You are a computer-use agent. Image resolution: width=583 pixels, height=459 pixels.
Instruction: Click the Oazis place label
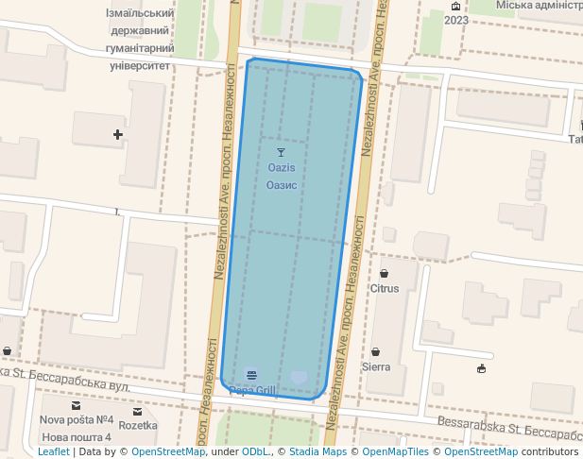(x=282, y=167)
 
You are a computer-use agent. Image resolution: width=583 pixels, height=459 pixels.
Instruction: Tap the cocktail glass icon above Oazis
(x=281, y=152)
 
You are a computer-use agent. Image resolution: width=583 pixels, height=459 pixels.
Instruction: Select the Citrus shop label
(x=385, y=288)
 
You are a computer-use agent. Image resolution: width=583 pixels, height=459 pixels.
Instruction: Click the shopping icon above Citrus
(x=385, y=273)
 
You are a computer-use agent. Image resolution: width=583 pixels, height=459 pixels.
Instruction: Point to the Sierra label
(x=376, y=366)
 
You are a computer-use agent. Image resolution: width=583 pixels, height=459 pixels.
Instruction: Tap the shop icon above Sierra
(x=376, y=351)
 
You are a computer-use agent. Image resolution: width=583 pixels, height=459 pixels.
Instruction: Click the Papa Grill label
(x=252, y=390)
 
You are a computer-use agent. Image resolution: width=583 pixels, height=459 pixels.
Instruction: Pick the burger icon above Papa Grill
(x=250, y=374)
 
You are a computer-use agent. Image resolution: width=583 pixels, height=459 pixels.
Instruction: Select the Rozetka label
(x=138, y=426)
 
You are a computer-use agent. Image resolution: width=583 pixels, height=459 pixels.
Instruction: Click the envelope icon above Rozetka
(x=138, y=412)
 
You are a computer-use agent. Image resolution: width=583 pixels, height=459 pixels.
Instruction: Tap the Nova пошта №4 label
(x=77, y=420)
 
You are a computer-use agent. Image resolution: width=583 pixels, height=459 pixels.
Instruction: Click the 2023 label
(x=456, y=20)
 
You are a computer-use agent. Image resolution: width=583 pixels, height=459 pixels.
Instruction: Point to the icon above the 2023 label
(x=456, y=6)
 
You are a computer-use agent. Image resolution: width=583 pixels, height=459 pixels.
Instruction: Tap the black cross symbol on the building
(x=118, y=135)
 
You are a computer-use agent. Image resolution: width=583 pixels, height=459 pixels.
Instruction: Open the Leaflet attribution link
(x=53, y=452)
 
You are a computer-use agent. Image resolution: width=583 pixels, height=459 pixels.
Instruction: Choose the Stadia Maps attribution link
(x=317, y=452)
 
